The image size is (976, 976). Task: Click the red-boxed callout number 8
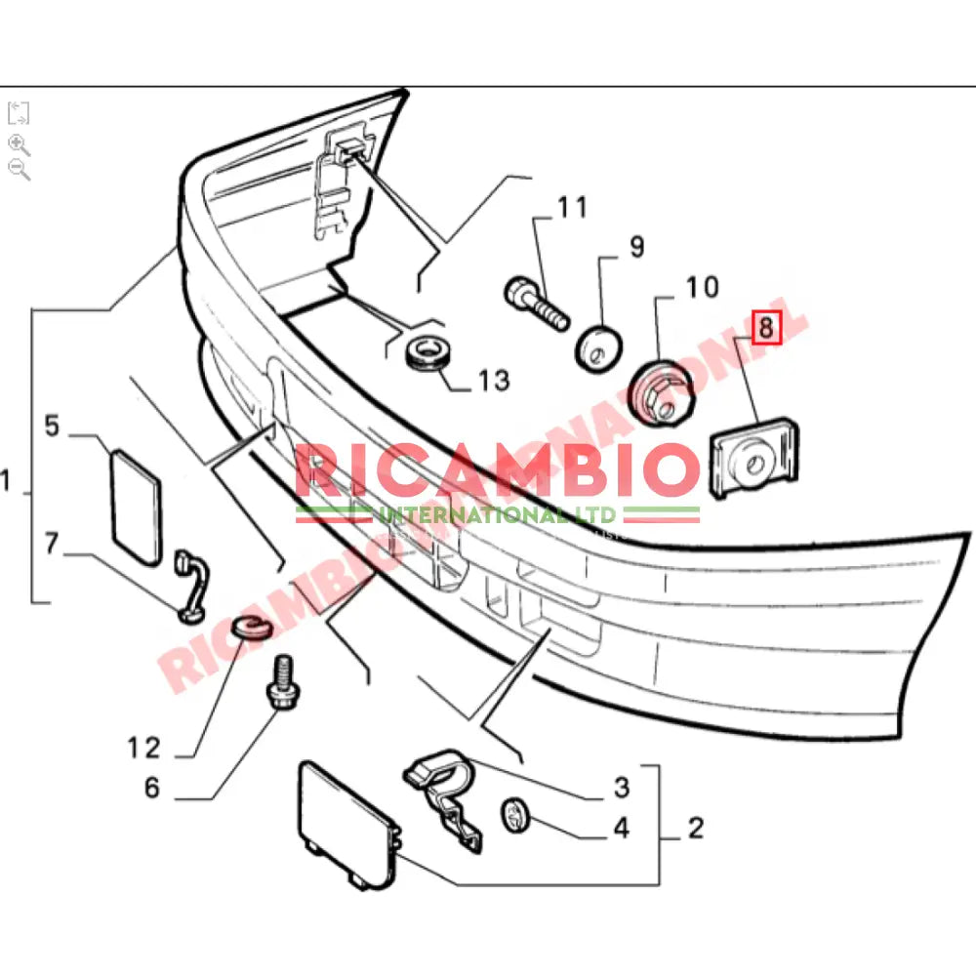[x=765, y=328]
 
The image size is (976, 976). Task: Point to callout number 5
[x=52, y=426]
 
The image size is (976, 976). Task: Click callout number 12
[x=142, y=748]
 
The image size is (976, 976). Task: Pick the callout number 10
[x=701, y=287]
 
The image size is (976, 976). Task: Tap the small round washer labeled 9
[x=598, y=348]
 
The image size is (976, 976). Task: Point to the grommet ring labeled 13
[x=427, y=353]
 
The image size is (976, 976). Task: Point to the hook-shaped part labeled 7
[x=191, y=586]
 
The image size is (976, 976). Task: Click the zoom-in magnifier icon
[x=19, y=144]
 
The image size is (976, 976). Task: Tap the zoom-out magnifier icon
[x=19, y=169]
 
